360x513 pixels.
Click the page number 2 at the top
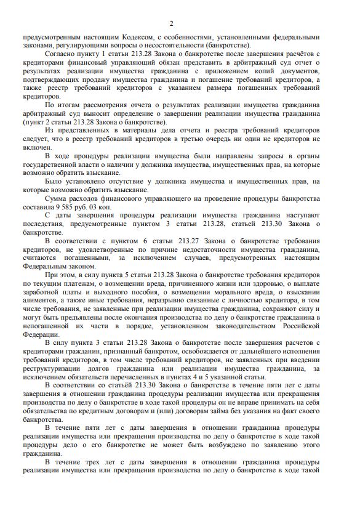click(x=172, y=23)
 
